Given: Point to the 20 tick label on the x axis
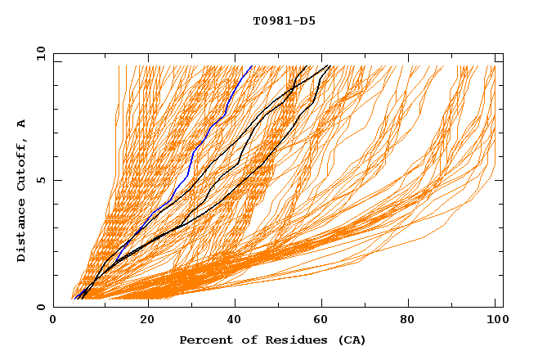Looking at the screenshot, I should [x=147, y=321].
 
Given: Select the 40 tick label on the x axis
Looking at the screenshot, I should [x=235, y=321].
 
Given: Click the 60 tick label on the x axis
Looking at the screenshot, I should [x=324, y=321].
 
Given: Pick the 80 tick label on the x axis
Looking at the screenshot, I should [x=412, y=321].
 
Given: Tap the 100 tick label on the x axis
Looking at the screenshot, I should [x=496, y=321].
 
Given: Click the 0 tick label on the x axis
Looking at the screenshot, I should [x=54, y=321].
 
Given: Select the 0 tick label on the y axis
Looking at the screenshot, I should [x=41, y=308].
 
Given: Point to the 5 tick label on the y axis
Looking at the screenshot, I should [x=41, y=180].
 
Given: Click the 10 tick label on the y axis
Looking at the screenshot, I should [x=38, y=52].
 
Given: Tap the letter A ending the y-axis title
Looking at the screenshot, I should [x=22, y=124].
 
